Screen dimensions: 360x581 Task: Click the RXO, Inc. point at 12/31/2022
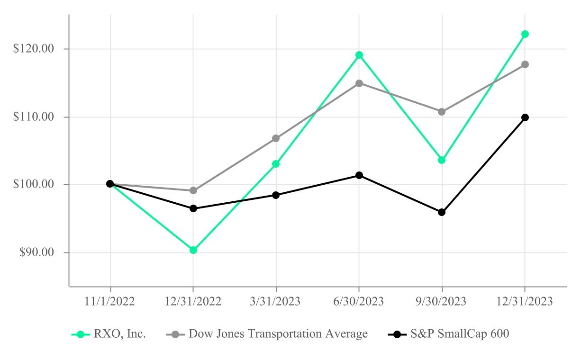click(193, 250)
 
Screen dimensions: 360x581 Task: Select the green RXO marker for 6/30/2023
click(359, 55)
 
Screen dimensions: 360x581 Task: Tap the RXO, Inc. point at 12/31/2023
click(525, 34)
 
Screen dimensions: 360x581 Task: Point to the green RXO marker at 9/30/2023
click(442, 160)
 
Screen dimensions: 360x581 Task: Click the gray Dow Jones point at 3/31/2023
click(276, 138)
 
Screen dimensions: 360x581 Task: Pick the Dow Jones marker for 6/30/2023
click(359, 83)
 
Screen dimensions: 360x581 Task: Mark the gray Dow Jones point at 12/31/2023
click(525, 64)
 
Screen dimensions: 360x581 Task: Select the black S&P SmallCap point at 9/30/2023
click(442, 212)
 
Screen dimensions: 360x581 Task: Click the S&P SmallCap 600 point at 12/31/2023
click(525, 117)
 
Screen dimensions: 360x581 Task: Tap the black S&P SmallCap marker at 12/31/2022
click(193, 208)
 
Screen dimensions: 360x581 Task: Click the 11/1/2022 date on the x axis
click(110, 302)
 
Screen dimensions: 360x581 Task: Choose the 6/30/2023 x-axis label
click(359, 302)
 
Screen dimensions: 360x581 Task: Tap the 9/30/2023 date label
click(442, 302)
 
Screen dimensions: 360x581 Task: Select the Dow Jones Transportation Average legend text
click(278, 334)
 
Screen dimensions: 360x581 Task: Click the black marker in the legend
click(397, 334)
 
